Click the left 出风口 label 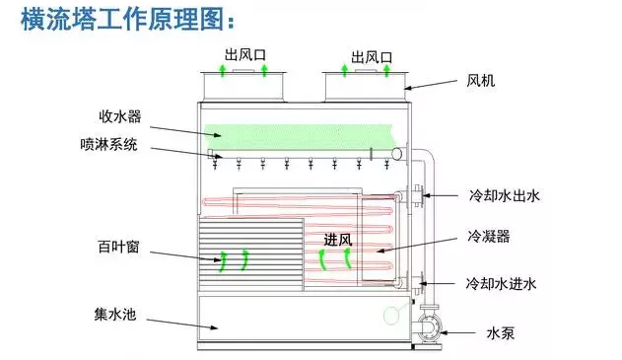244,55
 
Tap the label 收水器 119,116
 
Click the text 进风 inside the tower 337,240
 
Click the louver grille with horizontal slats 246,254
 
